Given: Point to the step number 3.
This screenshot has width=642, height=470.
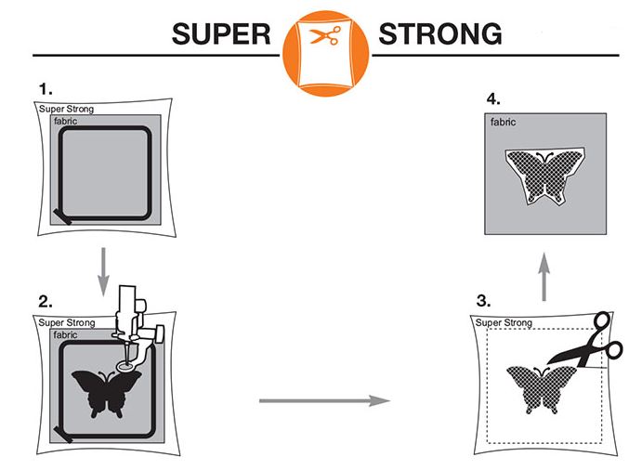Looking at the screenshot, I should [483, 301].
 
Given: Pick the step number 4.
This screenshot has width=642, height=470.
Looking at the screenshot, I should [495, 99].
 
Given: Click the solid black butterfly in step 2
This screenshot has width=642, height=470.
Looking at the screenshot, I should [100, 394].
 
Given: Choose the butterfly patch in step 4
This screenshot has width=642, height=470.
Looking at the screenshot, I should [544, 176].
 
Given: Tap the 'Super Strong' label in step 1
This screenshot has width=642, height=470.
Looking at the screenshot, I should [66, 110].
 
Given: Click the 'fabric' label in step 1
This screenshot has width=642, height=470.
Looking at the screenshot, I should [68, 121].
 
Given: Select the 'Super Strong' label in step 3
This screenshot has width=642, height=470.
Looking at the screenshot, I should [504, 322].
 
